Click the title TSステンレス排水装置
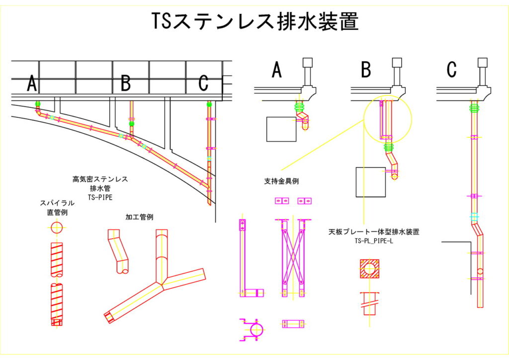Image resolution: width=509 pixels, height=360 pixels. [254, 22]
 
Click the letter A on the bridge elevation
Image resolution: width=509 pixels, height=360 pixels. [32, 84]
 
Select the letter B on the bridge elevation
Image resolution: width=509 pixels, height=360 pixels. [126, 84]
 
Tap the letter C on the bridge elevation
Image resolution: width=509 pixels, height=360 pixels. [203, 84]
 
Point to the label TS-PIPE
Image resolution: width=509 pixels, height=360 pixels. [100, 197]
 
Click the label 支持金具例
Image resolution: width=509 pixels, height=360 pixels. [281, 181]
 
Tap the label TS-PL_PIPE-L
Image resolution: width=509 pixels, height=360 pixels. [374, 241]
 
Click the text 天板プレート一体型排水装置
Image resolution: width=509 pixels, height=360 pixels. [374, 232]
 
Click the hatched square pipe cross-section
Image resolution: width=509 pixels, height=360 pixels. [369, 269]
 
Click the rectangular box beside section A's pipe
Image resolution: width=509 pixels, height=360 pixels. [281, 129]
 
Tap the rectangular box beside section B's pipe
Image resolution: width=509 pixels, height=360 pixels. [371, 181]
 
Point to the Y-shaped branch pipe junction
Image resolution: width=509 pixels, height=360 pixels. [162, 283]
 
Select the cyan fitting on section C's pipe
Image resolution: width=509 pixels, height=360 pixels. [474, 216]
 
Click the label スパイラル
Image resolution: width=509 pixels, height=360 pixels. [57, 203]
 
